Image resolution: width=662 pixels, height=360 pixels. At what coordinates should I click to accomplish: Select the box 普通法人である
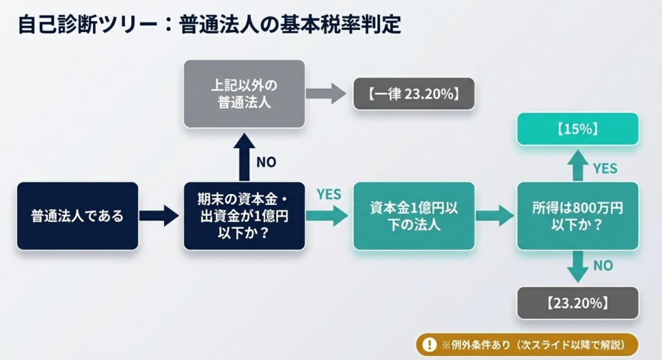(78, 216)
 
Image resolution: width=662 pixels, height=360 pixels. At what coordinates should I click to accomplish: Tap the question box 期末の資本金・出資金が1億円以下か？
(244, 216)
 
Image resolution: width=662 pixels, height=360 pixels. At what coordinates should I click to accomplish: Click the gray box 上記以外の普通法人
(244, 93)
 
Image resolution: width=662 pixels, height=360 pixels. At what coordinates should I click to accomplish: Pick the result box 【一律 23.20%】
(414, 94)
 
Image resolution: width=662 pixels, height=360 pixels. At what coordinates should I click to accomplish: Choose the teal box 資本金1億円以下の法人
(414, 216)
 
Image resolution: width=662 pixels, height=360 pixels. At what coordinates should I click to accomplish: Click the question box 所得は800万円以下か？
(577, 216)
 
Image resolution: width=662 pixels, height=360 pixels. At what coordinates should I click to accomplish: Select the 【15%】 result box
(577, 129)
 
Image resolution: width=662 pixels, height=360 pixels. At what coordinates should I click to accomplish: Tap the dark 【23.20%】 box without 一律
(577, 302)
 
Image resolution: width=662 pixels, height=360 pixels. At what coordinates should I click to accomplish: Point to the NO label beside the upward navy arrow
(266, 162)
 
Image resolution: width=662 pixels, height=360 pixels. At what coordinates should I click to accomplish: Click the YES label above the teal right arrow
(328, 194)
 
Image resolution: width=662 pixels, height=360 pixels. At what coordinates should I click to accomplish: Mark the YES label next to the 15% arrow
(604, 169)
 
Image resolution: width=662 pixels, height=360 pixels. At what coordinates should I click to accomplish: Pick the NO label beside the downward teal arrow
(603, 265)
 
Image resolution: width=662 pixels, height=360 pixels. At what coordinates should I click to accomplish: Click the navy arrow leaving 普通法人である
(159, 216)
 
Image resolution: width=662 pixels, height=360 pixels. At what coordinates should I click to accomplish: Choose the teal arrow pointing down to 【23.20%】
(577, 266)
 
